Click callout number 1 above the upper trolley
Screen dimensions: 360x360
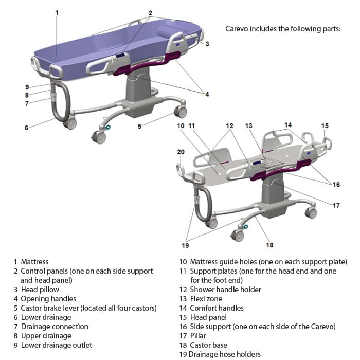coord(57,12)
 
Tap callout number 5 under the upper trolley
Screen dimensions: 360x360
coord(139,126)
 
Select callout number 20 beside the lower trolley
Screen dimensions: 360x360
coord(181,152)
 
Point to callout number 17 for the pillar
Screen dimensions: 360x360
coord(336,206)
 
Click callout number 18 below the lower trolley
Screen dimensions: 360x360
coord(269,245)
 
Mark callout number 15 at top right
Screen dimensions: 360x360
coord(325,126)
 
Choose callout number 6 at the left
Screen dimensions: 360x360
coord(26,128)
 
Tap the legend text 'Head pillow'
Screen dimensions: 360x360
coord(40,290)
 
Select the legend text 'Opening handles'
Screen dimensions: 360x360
coord(48,299)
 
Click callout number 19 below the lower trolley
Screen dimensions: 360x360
coord(186,245)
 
